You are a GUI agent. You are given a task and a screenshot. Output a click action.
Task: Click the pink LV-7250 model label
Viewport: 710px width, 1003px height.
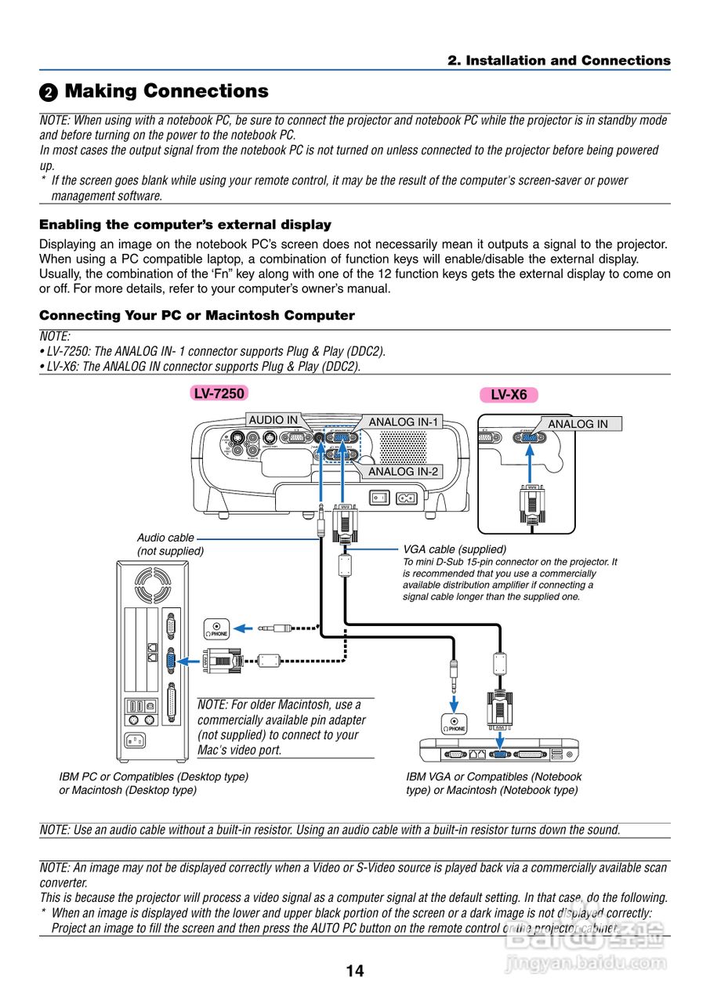[219, 393]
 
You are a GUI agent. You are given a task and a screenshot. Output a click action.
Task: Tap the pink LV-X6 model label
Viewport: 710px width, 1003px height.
[509, 395]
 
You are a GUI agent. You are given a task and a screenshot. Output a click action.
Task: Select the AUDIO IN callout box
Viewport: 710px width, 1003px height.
[273, 420]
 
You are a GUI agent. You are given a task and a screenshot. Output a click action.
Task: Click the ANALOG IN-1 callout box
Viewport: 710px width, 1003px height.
[404, 422]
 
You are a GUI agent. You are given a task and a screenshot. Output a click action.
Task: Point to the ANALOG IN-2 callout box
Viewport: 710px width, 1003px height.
[404, 471]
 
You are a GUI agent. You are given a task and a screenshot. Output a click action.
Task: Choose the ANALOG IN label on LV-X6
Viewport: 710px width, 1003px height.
[578, 424]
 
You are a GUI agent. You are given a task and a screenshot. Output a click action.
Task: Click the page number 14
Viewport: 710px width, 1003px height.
[354, 971]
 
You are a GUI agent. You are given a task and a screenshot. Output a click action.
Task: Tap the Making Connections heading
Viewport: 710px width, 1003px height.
[166, 92]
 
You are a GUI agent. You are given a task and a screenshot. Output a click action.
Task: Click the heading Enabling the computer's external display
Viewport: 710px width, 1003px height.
[185, 225]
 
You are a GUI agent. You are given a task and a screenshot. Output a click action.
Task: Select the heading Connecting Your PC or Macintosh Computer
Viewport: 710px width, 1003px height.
[197, 316]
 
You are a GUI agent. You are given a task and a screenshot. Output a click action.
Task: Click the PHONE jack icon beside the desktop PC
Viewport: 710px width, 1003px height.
[218, 628]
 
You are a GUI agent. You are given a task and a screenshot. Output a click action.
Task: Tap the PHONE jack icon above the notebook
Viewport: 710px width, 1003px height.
[454, 724]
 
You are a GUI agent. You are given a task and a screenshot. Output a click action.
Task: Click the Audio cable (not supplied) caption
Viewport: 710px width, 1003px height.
[170, 544]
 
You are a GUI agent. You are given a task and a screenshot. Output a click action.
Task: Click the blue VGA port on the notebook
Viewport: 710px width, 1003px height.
[498, 754]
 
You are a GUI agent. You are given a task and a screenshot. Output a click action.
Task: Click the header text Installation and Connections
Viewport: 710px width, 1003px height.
[559, 60]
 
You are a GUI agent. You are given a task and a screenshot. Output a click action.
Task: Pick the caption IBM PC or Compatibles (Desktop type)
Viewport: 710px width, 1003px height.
[154, 777]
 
